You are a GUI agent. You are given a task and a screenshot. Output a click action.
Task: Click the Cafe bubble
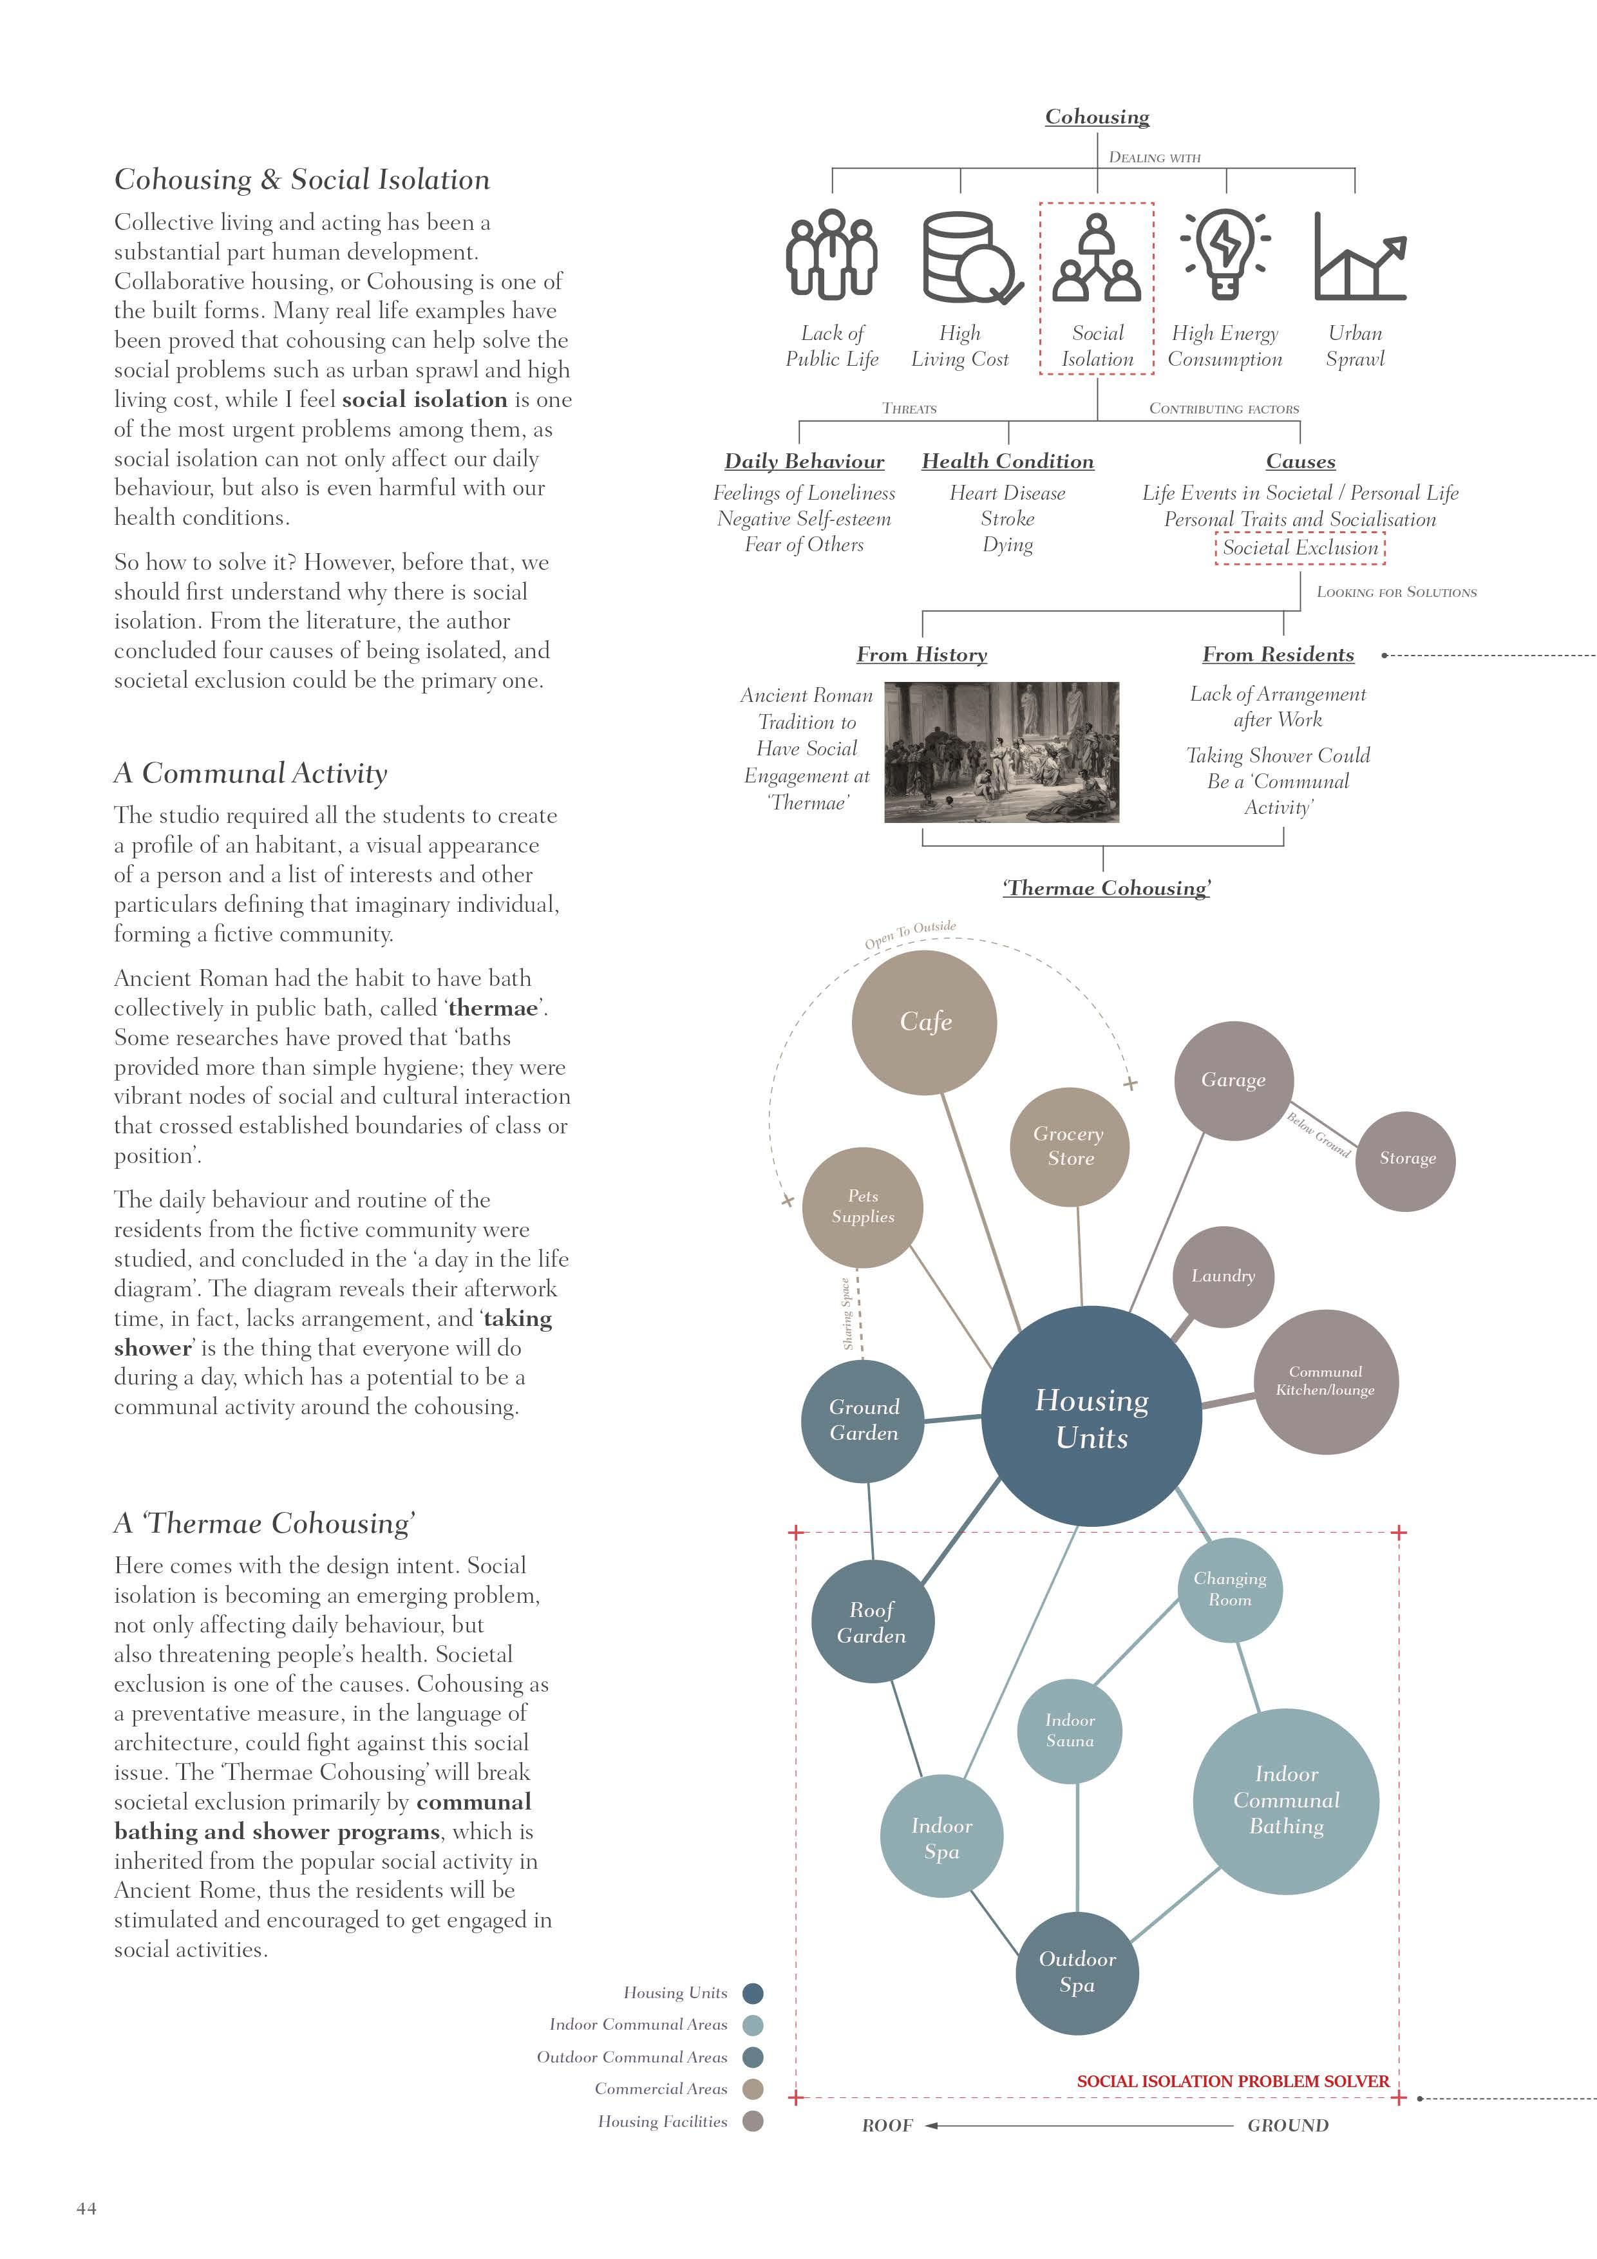click(924, 1021)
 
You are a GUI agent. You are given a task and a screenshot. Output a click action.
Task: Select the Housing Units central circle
click(1091, 1417)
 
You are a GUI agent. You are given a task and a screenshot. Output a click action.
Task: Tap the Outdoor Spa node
click(1077, 1972)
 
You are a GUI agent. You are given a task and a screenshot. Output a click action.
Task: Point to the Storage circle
click(1406, 1159)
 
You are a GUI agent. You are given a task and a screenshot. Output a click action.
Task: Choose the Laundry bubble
click(1223, 1276)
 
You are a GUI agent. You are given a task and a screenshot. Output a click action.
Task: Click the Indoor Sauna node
click(1070, 1731)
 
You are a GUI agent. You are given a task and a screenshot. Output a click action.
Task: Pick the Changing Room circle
click(1229, 1589)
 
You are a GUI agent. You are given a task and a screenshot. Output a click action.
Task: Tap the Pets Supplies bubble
click(862, 1206)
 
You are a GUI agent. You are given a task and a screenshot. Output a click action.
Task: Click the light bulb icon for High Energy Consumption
click(1224, 254)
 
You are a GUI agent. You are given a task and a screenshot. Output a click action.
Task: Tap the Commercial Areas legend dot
click(753, 2089)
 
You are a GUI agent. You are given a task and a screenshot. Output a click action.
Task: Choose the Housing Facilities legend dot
click(753, 2121)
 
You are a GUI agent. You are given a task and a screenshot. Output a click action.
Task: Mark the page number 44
click(86, 2208)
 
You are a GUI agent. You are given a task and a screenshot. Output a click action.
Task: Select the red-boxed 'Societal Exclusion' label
click(1300, 548)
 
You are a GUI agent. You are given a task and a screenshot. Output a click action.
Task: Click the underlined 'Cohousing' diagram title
click(1097, 117)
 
